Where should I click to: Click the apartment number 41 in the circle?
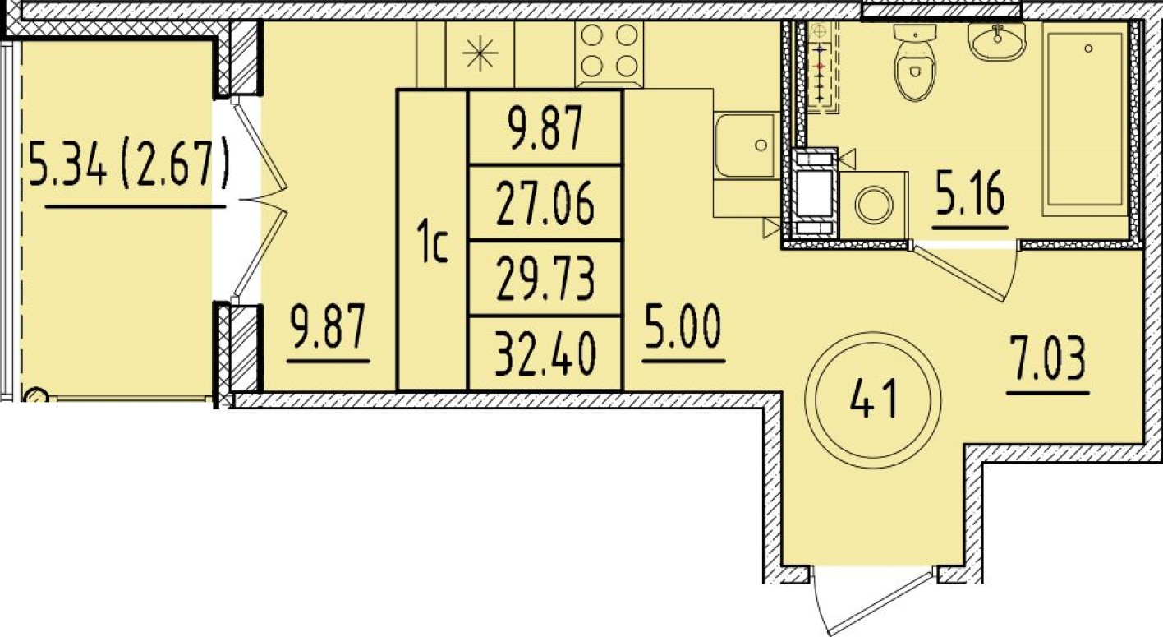coord(873,398)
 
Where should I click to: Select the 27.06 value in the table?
coord(545,204)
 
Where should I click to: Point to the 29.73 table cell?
coord(545,279)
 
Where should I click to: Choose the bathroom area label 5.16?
coord(970,194)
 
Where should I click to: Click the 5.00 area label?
coord(683,327)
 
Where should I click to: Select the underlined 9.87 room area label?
coord(329,327)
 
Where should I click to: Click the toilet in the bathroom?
coord(915,62)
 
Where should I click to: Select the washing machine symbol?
coord(873,205)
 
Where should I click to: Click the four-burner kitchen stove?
coord(609,54)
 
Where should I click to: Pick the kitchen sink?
coord(747,146)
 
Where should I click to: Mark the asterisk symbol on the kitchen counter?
coord(480,53)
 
